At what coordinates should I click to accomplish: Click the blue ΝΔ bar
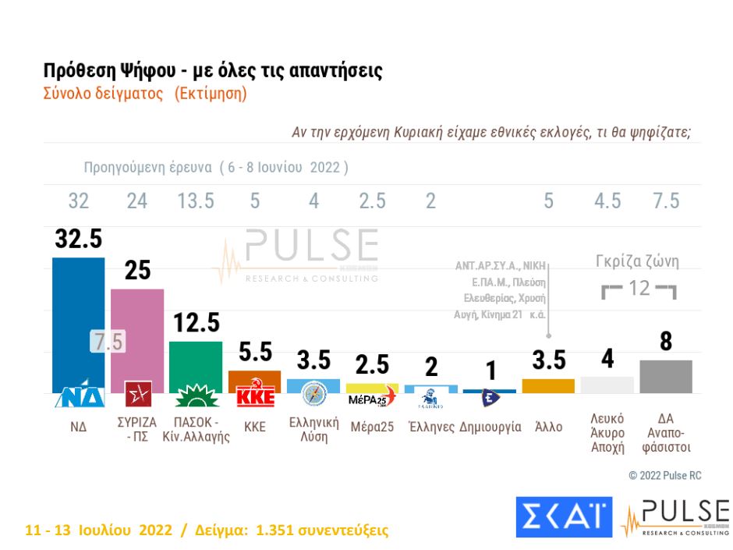[78, 312]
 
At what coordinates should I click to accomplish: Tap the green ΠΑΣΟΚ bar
[196, 363]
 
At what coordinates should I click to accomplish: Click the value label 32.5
[78, 239]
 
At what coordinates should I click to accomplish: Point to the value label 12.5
[196, 322]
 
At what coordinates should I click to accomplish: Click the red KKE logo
[255, 396]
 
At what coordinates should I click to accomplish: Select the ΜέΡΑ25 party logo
[371, 399]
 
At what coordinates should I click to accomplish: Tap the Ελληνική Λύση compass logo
[313, 394]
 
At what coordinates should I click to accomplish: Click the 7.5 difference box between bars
[108, 342]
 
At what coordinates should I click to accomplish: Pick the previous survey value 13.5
[196, 201]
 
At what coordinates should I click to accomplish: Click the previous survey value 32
[78, 201]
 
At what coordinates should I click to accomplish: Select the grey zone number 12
[639, 289]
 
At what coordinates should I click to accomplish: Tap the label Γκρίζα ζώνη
[638, 262]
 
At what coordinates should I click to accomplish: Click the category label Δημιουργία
[490, 427]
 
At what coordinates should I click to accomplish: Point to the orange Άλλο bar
[548, 385]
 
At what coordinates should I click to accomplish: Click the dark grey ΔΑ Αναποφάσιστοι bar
[666, 376]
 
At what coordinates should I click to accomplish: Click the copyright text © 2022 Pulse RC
[665, 475]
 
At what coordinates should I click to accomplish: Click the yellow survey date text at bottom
[207, 530]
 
